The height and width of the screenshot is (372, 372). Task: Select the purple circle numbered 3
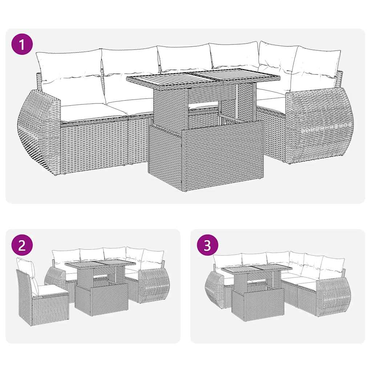(x=207, y=246)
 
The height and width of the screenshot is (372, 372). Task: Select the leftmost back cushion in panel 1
(x=69, y=65)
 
